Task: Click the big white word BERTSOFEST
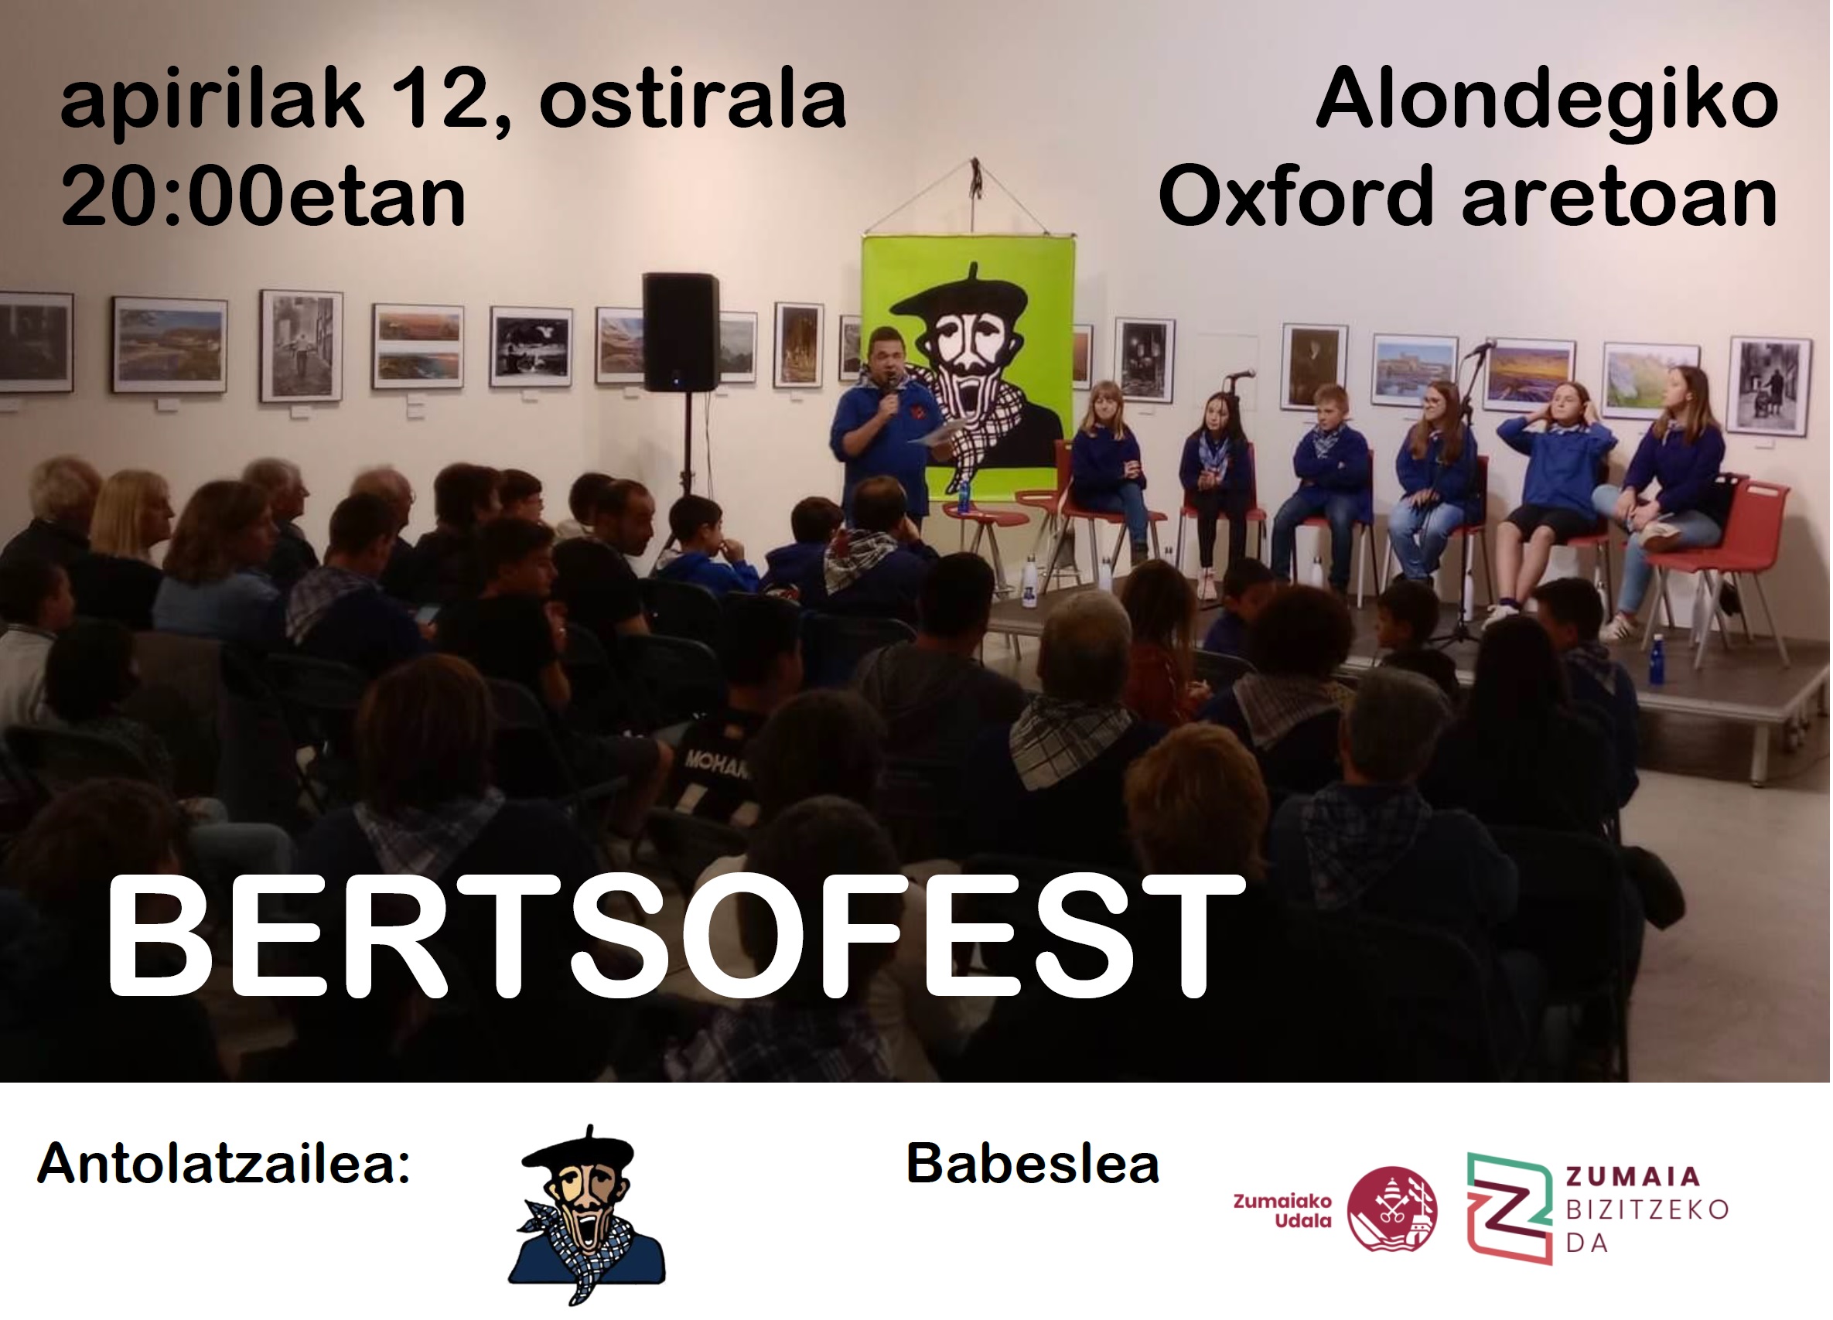tap(675, 938)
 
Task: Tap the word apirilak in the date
tap(212, 103)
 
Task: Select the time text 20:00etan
tap(264, 196)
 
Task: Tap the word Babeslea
tap(1033, 1164)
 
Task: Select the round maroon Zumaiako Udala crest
tap(1391, 1209)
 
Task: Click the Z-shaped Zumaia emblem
tap(1509, 1209)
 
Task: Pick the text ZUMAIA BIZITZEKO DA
tap(1647, 1209)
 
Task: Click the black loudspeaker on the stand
tap(681, 332)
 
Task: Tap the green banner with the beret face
tap(968, 365)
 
